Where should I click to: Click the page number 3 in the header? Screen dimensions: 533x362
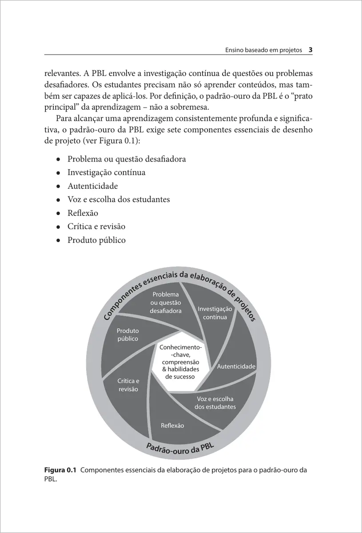(311, 50)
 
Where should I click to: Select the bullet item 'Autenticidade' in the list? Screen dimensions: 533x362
(92, 186)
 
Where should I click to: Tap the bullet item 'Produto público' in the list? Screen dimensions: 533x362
(96, 240)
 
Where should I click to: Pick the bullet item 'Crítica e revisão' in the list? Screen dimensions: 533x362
(96, 227)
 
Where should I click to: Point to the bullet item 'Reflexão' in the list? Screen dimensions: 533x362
(83, 213)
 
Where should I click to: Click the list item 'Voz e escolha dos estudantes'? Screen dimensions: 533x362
(119, 199)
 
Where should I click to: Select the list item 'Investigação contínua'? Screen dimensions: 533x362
(106, 172)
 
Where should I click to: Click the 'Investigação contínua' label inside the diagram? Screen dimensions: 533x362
(215, 313)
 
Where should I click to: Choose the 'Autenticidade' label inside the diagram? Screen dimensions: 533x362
(236, 366)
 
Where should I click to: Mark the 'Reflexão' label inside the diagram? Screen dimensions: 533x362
(172, 426)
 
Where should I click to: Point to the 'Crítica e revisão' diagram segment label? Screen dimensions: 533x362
(128, 385)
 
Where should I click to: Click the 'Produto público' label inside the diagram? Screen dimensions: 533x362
(127, 335)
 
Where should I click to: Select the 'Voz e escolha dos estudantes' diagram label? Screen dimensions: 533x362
(215, 403)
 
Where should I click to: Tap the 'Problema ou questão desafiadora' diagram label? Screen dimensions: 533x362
(166, 303)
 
